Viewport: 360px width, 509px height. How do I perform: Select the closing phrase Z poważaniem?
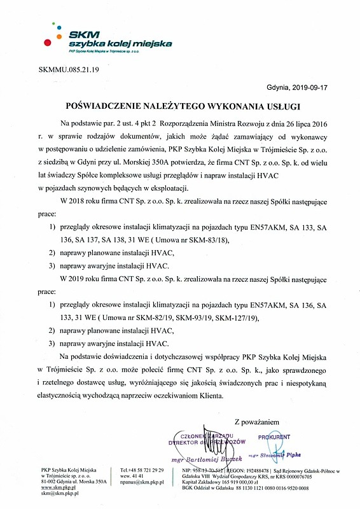click(x=257, y=421)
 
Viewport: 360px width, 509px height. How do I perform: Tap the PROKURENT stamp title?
click(x=274, y=437)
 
